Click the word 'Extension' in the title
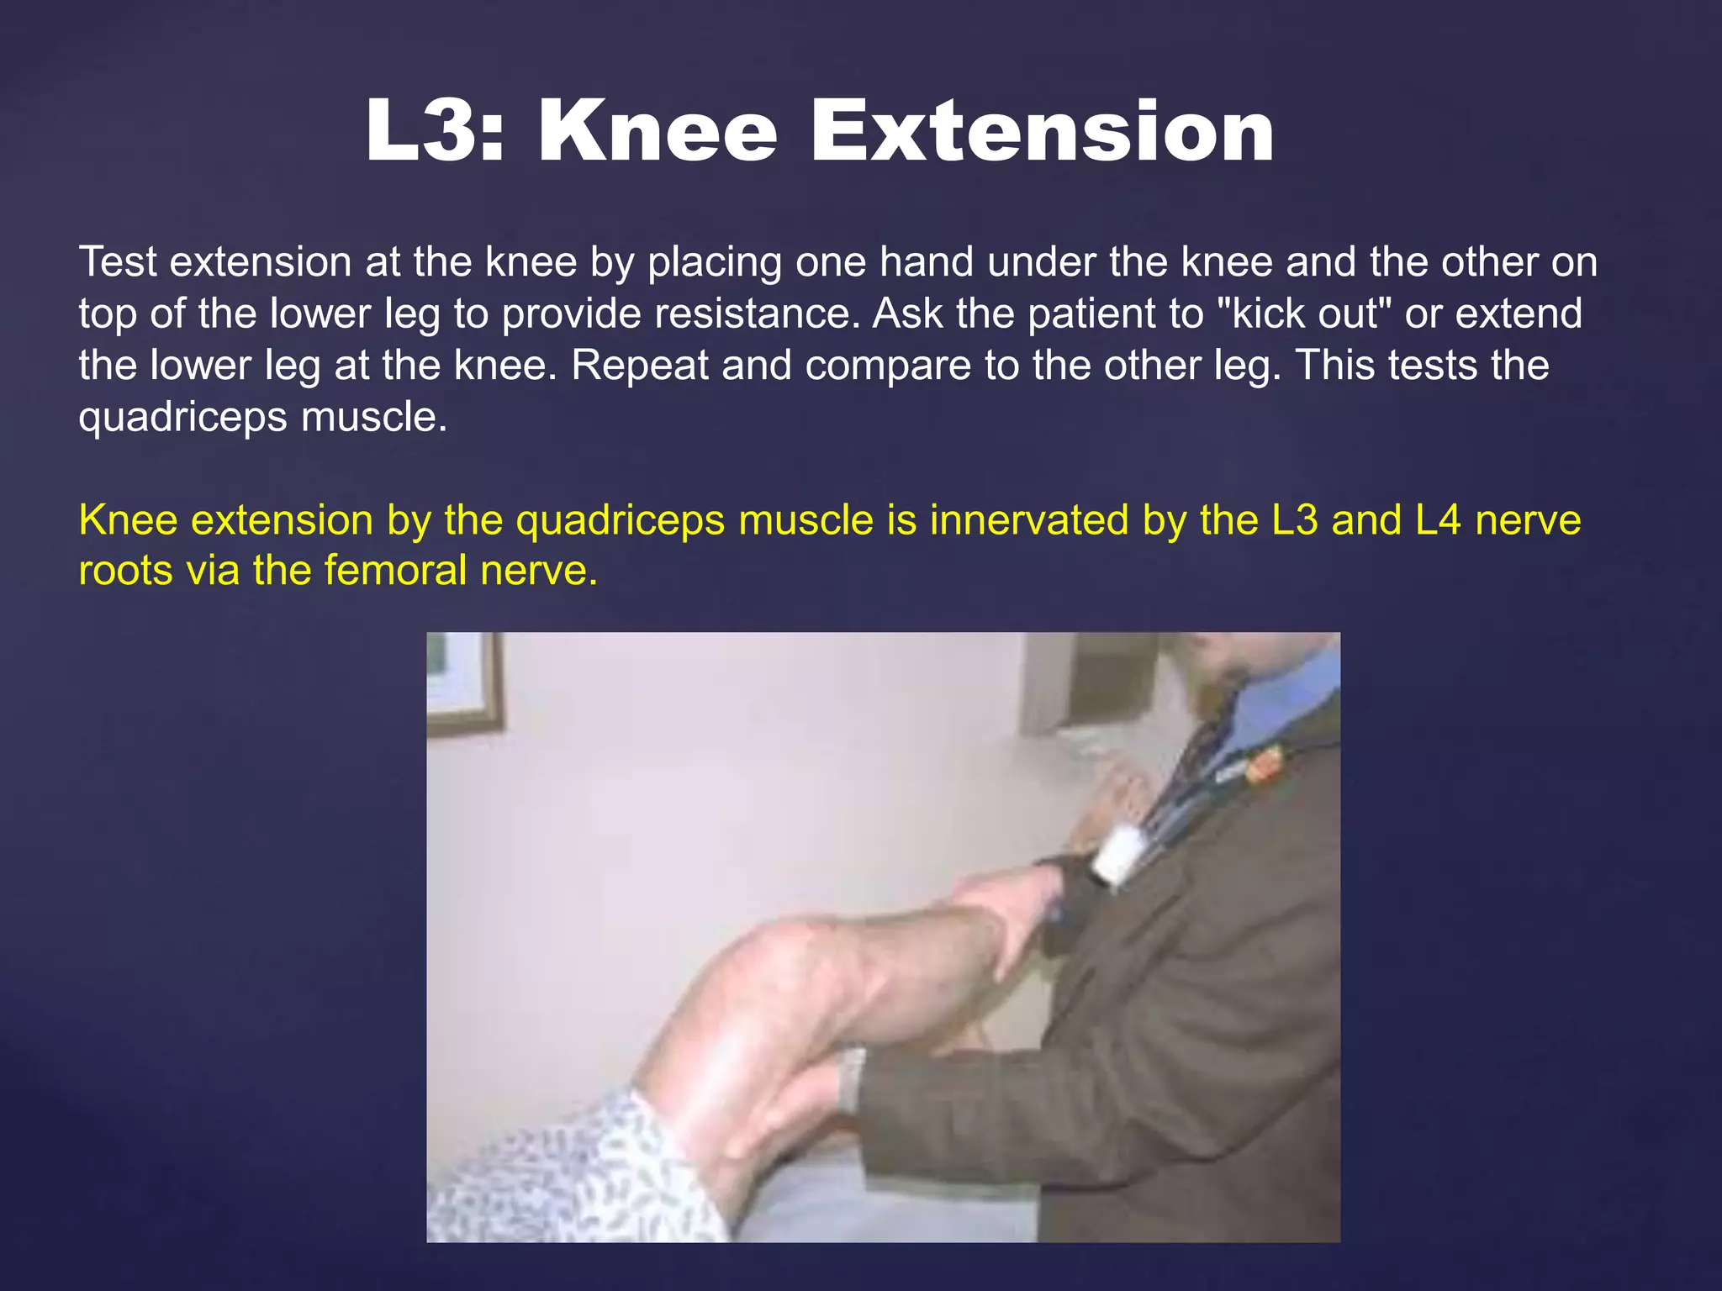pos(1042,132)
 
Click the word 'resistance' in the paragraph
pos(753,314)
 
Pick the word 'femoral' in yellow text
pos(395,571)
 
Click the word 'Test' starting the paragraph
pos(117,261)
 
